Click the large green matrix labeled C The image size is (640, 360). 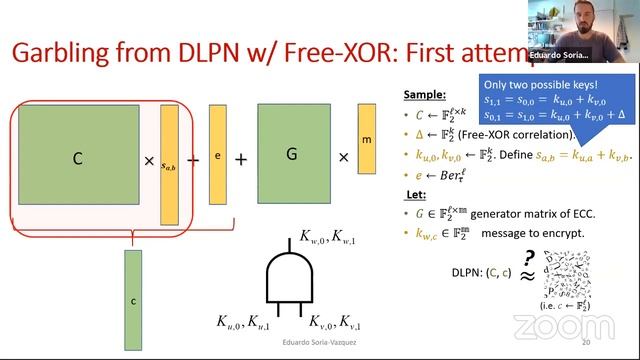point(77,159)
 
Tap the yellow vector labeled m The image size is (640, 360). point(367,140)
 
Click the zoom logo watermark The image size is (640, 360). point(549,326)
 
